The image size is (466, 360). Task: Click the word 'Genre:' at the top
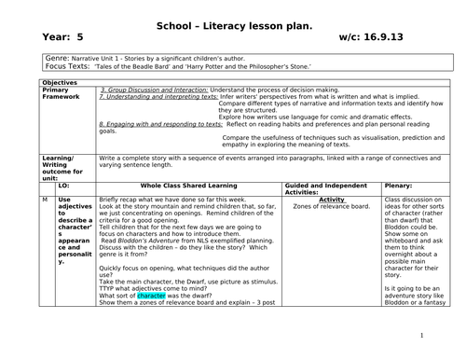pos(58,58)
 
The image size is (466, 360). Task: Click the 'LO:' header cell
pos(64,187)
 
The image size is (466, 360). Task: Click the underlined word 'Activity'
pos(332,200)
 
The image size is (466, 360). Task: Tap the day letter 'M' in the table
pos(46,200)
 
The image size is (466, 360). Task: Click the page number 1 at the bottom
pos(422,336)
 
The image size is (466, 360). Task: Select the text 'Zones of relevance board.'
pos(332,207)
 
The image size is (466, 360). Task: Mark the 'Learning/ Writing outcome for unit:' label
pos(62,170)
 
